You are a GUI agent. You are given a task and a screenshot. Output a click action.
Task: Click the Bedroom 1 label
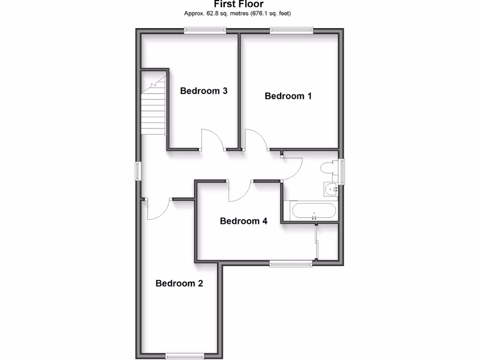tap(288, 96)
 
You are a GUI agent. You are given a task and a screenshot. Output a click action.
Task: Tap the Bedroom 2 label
tap(179, 283)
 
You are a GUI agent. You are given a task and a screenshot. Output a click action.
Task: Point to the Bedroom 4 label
tap(243, 221)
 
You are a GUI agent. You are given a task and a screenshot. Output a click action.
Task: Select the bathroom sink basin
tap(331, 190)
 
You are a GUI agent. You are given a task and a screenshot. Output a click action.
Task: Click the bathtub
tap(313, 211)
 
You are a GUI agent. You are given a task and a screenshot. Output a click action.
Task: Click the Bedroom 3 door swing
tap(213, 140)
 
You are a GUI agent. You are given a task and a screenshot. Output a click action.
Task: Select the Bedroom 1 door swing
tap(256, 140)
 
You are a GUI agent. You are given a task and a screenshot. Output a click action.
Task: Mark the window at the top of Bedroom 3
tap(205, 30)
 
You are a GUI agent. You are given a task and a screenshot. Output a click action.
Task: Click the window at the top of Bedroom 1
tap(291, 30)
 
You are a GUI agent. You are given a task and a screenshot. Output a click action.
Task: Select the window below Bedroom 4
tap(291, 264)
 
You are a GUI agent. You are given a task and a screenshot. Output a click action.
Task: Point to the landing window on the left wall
tap(137, 171)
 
